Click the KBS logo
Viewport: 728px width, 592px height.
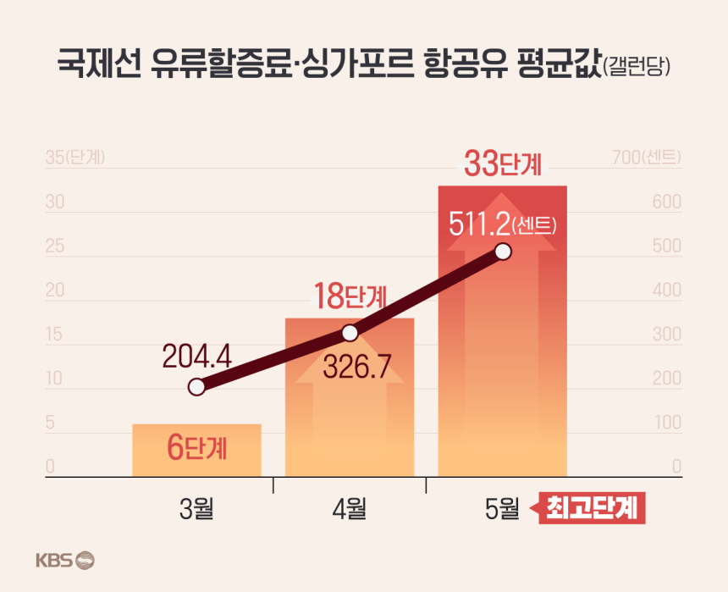[65, 560]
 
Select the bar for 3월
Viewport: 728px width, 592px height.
[196, 450]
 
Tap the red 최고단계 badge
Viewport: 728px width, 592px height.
[593, 509]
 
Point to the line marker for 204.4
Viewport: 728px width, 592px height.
[196, 388]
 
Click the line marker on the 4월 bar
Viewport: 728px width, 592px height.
[350, 333]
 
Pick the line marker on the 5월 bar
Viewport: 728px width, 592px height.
[502, 252]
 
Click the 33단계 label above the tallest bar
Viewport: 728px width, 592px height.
[502, 164]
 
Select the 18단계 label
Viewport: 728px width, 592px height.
[350, 298]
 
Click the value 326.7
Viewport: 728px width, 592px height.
[360, 368]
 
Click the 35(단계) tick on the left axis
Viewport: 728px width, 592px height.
[74, 158]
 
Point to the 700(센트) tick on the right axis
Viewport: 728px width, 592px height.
[647, 158]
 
